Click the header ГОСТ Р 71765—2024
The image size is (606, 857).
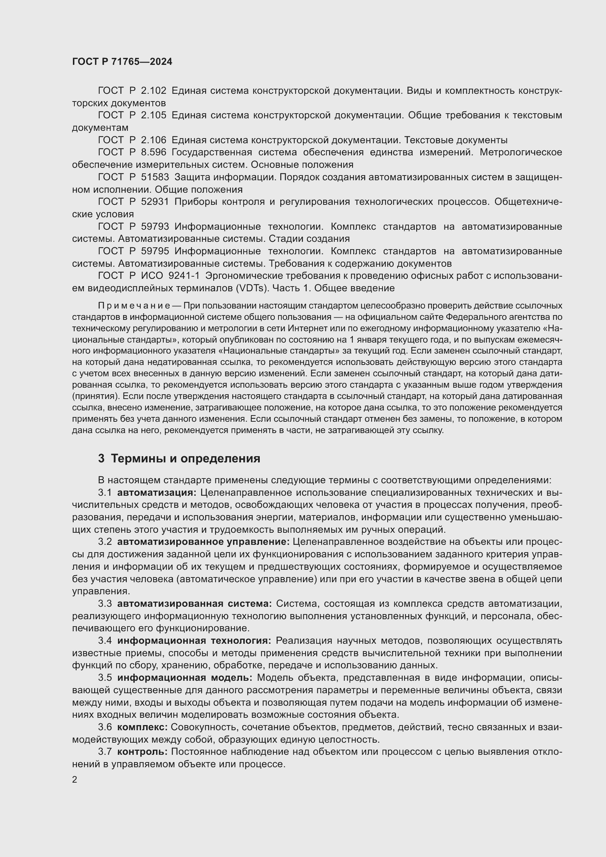122,62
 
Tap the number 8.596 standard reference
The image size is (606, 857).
154,152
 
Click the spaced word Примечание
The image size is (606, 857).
134,306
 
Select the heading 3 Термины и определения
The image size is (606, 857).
179,458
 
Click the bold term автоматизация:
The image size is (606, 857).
157,493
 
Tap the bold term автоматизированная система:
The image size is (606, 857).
195,603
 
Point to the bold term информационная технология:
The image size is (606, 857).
195,641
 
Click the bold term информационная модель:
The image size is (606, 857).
185,678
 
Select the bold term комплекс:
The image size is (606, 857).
142,727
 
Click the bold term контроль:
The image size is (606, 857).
142,752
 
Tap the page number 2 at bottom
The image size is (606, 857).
75,780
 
